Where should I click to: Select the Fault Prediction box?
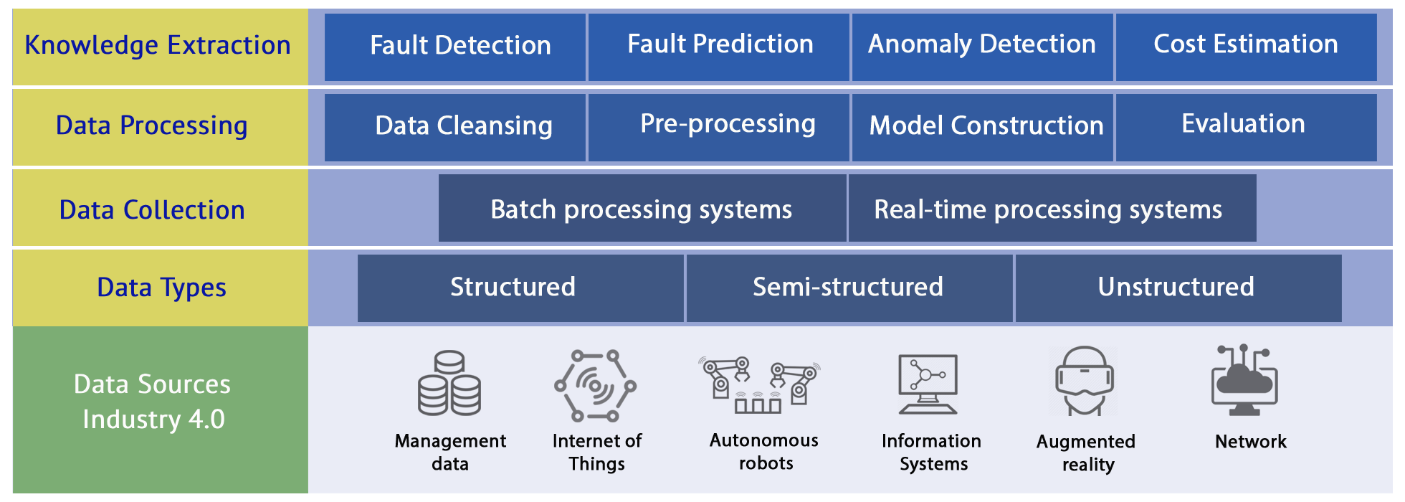point(719,47)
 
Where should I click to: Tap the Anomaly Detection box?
point(982,47)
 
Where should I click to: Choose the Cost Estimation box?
point(1246,47)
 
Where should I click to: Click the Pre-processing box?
point(719,127)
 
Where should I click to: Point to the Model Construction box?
point(982,127)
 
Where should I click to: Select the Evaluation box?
point(1246,127)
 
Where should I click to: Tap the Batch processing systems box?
point(642,208)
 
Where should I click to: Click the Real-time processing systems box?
point(1052,208)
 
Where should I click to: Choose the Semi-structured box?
point(849,288)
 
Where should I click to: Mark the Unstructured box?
point(1178,288)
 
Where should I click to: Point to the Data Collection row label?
point(153,209)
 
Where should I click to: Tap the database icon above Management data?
point(449,384)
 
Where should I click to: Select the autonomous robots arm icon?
point(760,384)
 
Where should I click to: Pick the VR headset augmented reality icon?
point(1085,381)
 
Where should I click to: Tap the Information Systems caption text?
point(932,453)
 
